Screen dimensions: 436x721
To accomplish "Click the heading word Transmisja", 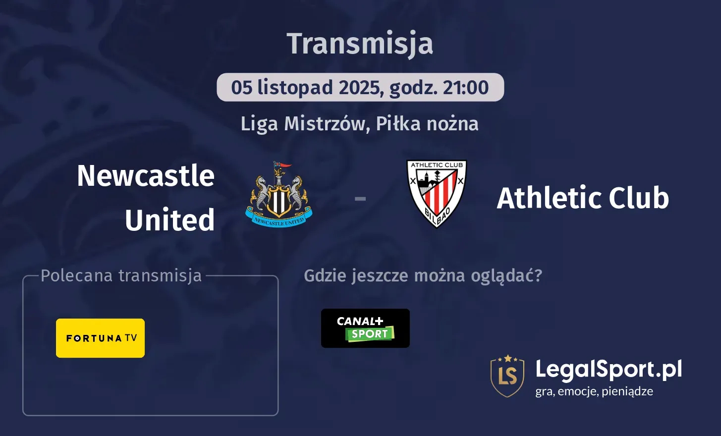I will click(x=360, y=44).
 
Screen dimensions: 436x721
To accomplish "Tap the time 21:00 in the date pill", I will click(x=466, y=88).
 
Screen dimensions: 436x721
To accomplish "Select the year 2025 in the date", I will click(x=359, y=88).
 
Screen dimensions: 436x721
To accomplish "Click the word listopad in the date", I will click(x=295, y=88).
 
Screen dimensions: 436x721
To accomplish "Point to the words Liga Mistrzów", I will click(x=302, y=124).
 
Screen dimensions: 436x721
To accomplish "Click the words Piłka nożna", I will click(x=427, y=124).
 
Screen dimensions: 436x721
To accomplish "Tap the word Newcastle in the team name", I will click(x=146, y=176).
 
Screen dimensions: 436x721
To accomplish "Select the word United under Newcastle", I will click(x=169, y=220).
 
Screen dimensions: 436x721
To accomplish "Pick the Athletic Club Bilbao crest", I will click(x=437, y=193).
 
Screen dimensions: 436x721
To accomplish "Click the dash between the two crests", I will click(x=360, y=199).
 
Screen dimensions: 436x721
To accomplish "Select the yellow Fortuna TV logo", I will click(x=101, y=338).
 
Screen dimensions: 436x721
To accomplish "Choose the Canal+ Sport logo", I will click(x=365, y=328).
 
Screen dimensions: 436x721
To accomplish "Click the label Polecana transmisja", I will click(x=121, y=275).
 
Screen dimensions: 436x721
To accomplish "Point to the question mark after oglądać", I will click(x=538, y=276).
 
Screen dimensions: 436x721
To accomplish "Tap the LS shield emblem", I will click(x=507, y=376).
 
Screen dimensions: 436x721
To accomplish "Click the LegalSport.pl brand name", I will click(x=609, y=370).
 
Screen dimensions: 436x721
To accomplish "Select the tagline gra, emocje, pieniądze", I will click(x=594, y=391).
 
